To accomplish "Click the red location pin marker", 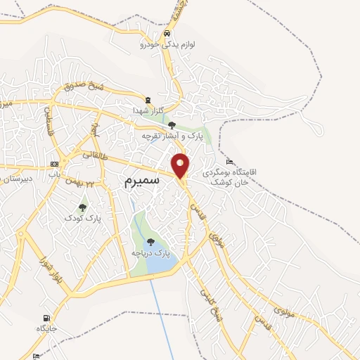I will coord(181,165).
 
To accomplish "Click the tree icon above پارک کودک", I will coord(83,207).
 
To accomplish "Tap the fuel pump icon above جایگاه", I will coord(47,318).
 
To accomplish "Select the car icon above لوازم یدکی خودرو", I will coord(166,34).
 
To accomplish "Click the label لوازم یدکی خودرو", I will coord(165,44).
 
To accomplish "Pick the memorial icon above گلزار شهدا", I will coord(148,101).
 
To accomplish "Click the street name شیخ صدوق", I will coord(84,86).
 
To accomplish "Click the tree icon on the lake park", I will coord(150,242).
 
